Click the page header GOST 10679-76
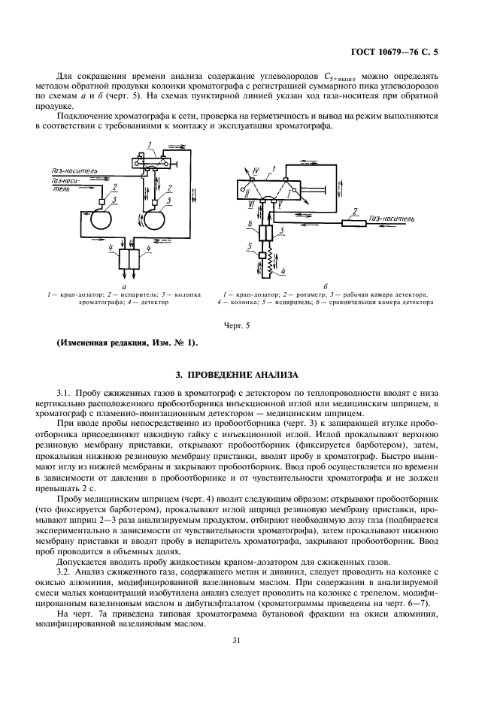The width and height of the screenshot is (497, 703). [x=394, y=52]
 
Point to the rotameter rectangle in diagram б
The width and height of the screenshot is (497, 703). [x=354, y=222]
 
